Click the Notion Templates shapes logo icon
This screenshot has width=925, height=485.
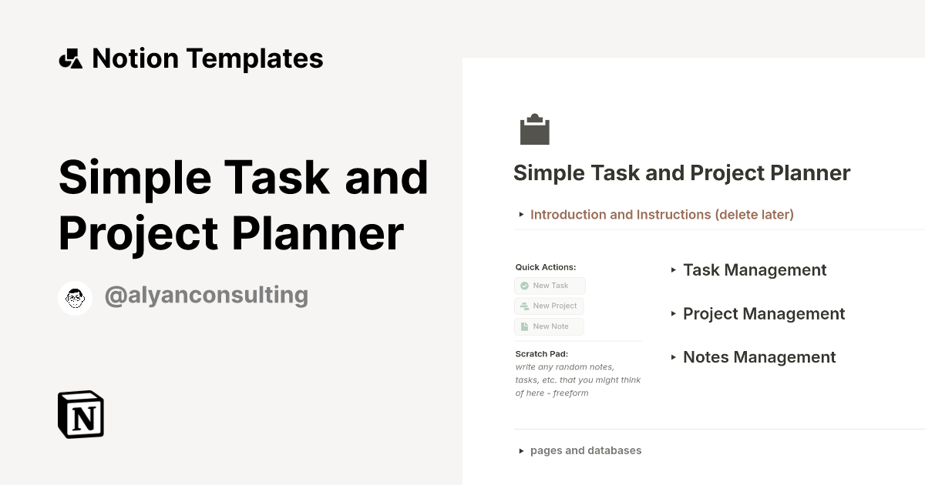[70, 59]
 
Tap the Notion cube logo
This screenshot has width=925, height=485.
[81, 414]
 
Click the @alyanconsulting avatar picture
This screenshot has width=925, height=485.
[76, 298]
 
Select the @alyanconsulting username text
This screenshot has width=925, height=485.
[206, 295]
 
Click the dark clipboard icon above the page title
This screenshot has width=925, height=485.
[534, 129]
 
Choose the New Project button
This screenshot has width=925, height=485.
[549, 306]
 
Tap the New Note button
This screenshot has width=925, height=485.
[549, 326]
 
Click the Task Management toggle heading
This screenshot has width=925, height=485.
[755, 270]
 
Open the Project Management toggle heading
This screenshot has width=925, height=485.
[764, 314]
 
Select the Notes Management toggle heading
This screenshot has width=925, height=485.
[759, 357]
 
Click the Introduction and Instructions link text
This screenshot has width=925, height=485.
[662, 215]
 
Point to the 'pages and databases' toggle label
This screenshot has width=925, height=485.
[586, 450]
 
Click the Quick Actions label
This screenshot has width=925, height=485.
[546, 267]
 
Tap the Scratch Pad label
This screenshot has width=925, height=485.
[541, 354]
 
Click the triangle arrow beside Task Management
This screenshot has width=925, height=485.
[674, 270]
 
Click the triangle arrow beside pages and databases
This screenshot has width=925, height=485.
[522, 451]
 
